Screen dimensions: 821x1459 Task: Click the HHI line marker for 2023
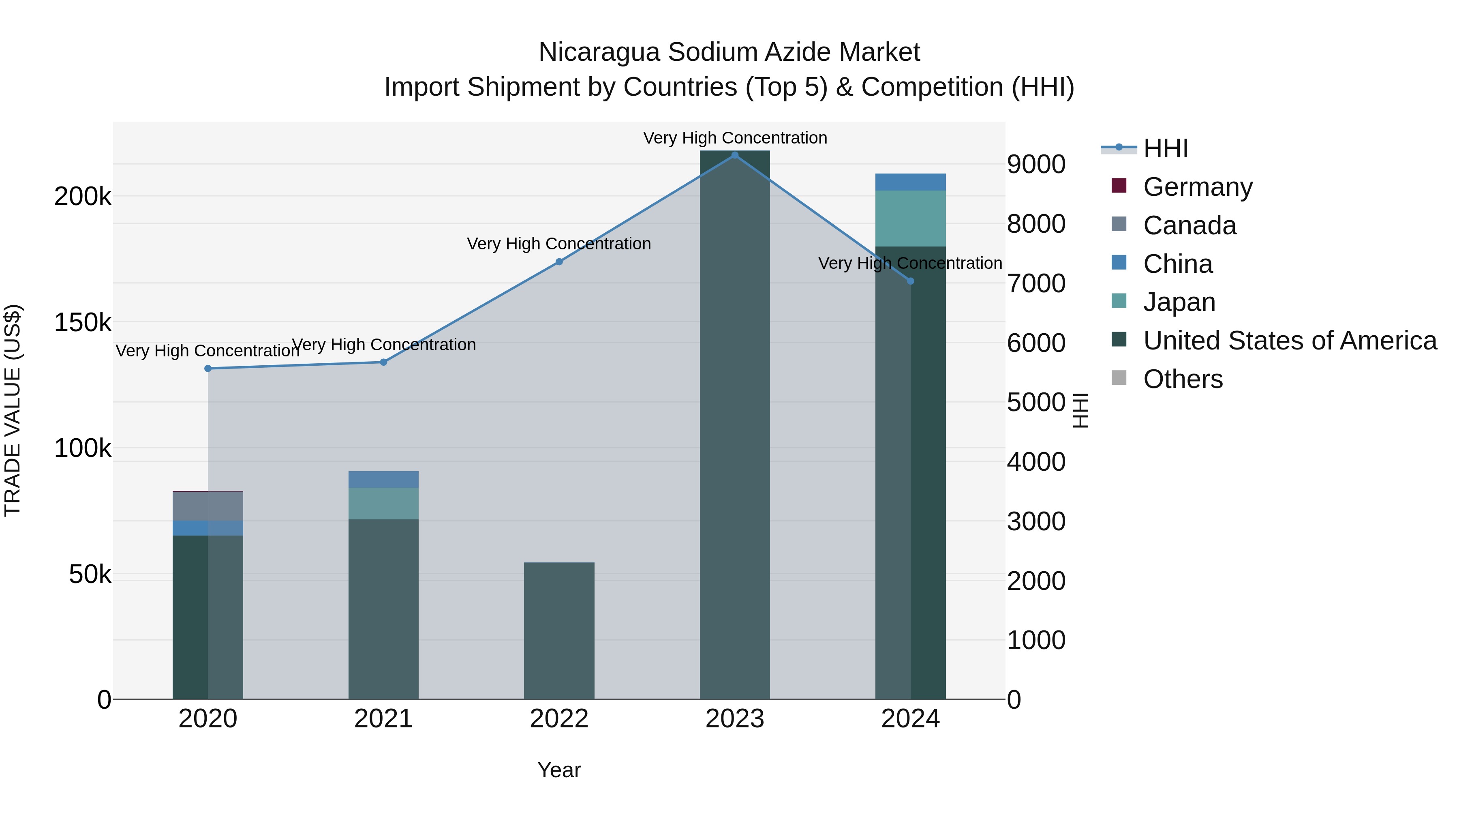click(735, 155)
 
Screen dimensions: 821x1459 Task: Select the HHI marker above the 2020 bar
click(208, 368)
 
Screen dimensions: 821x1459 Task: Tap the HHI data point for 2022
click(559, 262)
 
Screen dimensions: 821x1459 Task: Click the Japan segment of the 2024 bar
click(910, 218)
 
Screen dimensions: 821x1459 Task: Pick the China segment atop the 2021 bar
click(383, 479)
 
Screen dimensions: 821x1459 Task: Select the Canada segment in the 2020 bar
click(208, 506)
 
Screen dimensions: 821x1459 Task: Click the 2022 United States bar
click(559, 630)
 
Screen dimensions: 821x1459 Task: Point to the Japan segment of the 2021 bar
click(383, 503)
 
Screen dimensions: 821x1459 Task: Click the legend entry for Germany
click(1197, 187)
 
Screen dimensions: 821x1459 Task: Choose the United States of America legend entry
click(1289, 341)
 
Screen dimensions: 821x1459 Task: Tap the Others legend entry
click(1183, 379)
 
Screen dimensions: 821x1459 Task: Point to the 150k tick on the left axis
click(83, 323)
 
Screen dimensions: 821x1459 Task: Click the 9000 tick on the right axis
click(1036, 164)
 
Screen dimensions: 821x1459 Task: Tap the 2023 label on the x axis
click(735, 719)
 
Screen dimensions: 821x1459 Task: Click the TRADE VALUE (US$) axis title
click(13, 410)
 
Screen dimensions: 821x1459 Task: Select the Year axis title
click(559, 770)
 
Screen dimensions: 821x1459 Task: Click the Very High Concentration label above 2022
click(559, 244)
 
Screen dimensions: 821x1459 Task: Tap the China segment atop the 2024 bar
click(910, 182)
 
